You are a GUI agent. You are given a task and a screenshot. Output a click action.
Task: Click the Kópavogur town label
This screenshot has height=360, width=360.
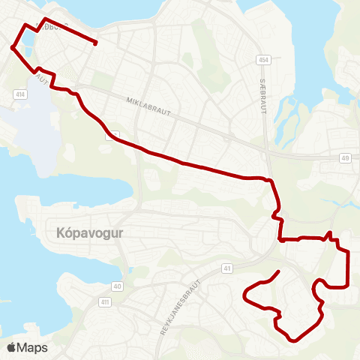coord(89,232)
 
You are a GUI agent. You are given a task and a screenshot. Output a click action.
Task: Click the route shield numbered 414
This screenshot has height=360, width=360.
coord(19,94)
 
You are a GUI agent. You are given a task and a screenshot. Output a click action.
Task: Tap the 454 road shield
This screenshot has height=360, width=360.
coord(262,59)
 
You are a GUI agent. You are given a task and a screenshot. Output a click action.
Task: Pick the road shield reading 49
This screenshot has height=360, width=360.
coord(345,157)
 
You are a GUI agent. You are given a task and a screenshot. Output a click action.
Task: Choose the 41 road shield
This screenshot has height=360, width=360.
coord(226,268)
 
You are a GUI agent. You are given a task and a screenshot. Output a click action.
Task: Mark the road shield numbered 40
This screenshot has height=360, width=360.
coord(118,286)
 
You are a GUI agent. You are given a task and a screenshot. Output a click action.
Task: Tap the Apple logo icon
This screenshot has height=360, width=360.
coord(11,347)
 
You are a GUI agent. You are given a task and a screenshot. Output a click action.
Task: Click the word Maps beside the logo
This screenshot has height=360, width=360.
coord(32,347)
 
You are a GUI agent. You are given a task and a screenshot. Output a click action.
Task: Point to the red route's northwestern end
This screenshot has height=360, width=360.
coord(96,43)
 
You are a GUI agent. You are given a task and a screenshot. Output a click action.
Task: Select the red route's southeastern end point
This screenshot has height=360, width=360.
coord(279,271)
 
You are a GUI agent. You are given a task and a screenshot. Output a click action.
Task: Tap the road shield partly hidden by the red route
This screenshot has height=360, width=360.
coord(112,135)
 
